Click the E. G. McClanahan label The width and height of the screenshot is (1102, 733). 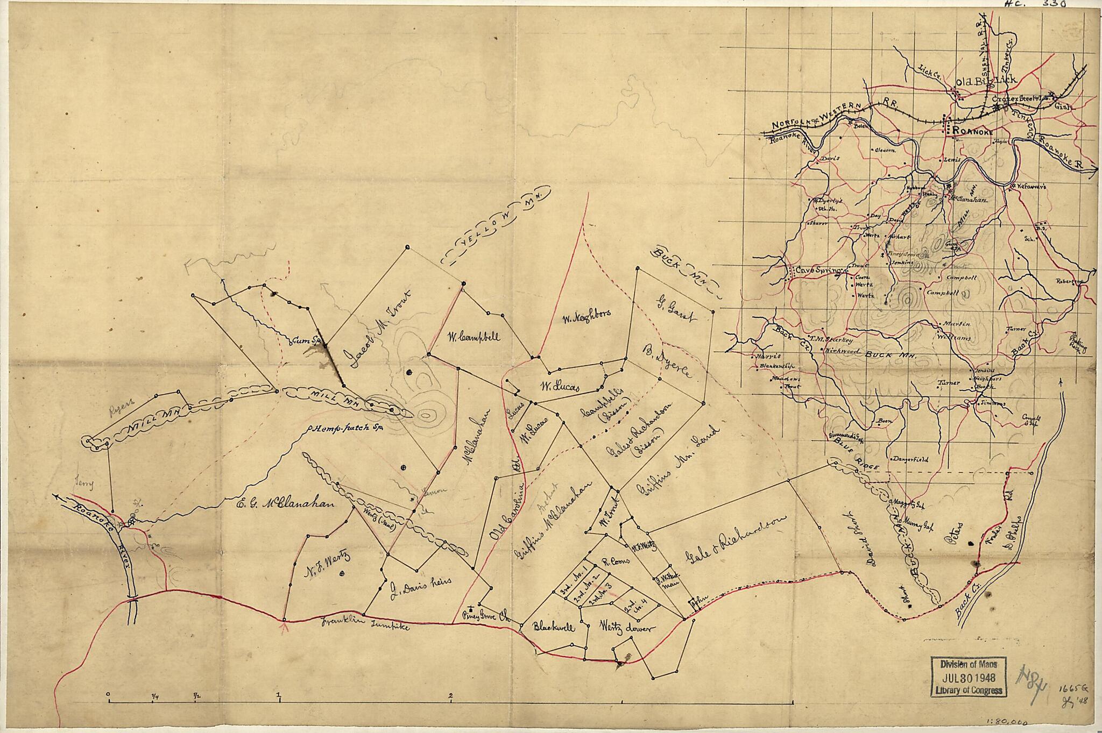tap(285, 504)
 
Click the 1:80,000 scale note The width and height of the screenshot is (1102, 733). tap(1047, 723)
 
